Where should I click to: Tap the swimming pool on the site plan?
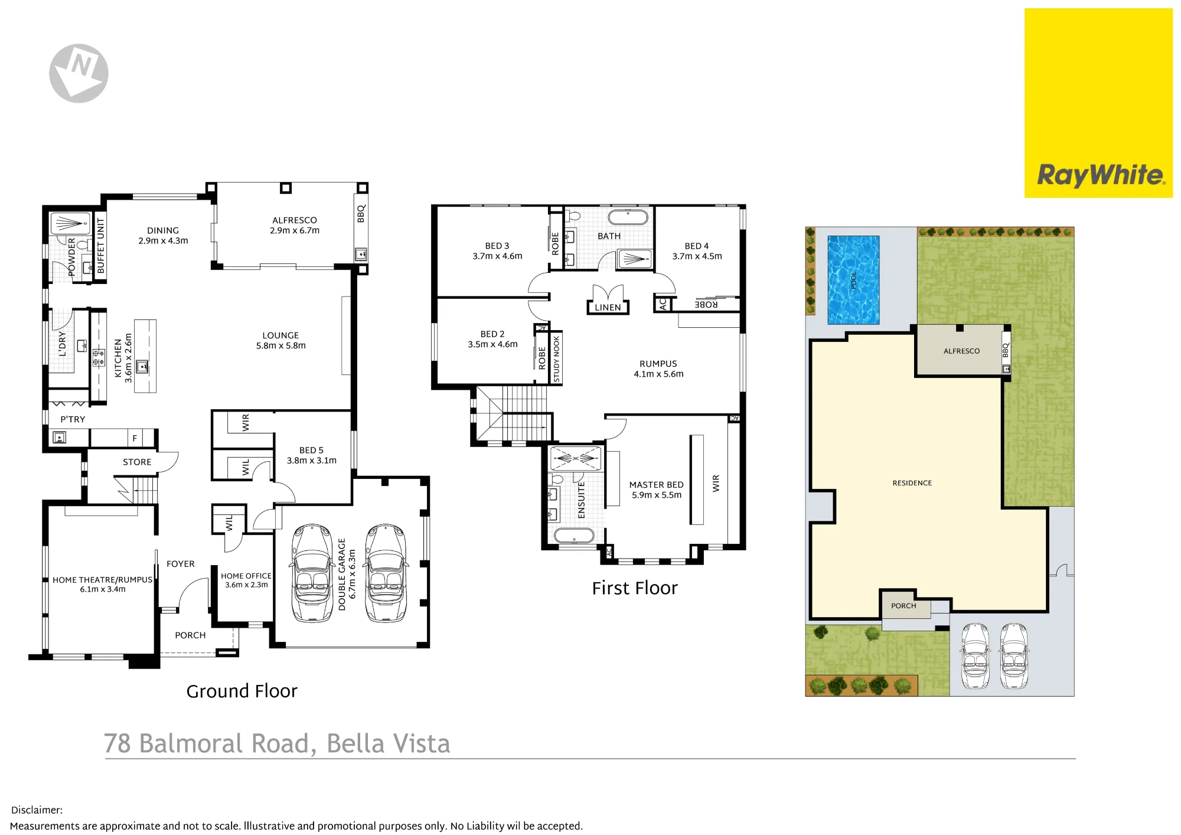pyautogui.click(x=853, y=280)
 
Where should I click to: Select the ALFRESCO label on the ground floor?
pyautogui.click(x=295, y=220)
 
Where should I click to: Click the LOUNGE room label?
pyautogui.click(x=280, y=335)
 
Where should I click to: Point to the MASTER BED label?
pyautogui.click(x=656, y=485)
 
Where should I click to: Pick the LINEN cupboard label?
pyautogui.click(x=608, y=308)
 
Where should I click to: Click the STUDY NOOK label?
pyautogui.click(x=556, y=358)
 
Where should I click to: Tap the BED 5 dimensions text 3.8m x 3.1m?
pyautogui.click(x=312, y=461)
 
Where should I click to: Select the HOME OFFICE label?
pyautogui.click(x=246, y=576)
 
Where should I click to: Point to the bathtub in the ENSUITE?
pyautogui.click(x=573, y=536)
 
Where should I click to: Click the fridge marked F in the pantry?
pyautogui.click(x=135, y=438)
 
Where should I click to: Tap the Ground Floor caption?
pyautogui.click(x=242, y=691)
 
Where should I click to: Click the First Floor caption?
pyautogui.click(x=635, y=588)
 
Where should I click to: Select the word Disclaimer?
pyautogui.click(x=37, y=810)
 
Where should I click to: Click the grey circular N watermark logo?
pyautogui.click(x=79, y=73)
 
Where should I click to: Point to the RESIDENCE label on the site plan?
pyautogui.click(x=912, y=483)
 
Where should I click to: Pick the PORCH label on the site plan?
pyautogui.click(x=903, y=606)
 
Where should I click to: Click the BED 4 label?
pyautogui.click(x=697, y=246)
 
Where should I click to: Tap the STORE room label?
pyautogui.click(x=137, y=462)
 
